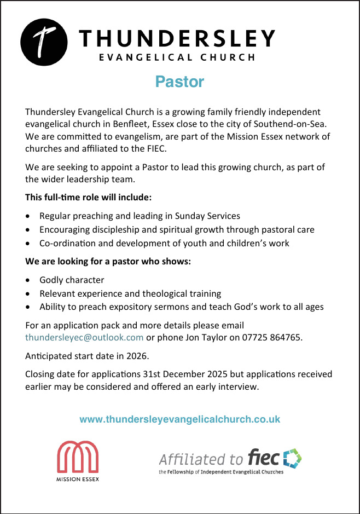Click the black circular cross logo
44,41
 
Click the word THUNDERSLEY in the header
177,38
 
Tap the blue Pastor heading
179,82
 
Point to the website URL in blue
180,420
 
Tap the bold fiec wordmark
263,457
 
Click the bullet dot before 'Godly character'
29,280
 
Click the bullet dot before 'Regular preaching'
29,216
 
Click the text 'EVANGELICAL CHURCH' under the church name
176,57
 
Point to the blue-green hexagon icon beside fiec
292,458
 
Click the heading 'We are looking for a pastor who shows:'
108,261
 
